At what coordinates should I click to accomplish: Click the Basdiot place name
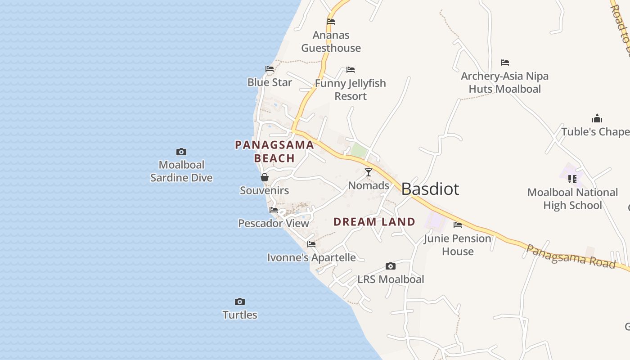pyautogui.click(x=430, y=189)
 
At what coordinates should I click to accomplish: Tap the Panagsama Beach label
pyautogui.click(x=274, y=151)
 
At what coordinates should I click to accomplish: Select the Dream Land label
pyautogui.click(x=374, y=221)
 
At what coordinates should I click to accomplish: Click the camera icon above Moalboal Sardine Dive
pyautogui.click(x=181, y=152)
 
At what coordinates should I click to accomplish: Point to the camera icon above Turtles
pyautogui.click(x=240, y=301)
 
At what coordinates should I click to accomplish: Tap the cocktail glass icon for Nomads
pyautogui.click(x=369, y=172)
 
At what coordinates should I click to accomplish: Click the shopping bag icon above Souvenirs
pyautogui.click(x=265, y=178)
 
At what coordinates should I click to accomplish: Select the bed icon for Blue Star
pyautogui.click(x=270, y=69)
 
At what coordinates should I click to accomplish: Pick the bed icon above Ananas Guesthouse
pyautogui.click(x=331, y=21)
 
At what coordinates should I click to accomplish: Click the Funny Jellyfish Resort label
pyautogui.click(x=351, y=90)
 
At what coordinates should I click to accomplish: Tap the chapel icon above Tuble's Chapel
pyautogui.click(x=597, y=118)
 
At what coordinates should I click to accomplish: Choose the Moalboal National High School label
pyautogui.click(x=572, y=199)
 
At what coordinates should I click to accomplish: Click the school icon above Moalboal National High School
pyautogui.click(x=572, y=179)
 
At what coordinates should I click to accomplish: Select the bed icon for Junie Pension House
pyautogui.click(x=458, y=225)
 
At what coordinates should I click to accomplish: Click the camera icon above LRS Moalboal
pyautogui.click(x=391, y=266)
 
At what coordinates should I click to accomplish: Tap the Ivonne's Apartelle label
pyautogui.click(x=311, y=258)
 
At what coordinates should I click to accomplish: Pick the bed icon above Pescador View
pyautogui.click(x=274, y=210)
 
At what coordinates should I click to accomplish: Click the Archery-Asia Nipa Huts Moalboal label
pyautogui.click(x=505, y=82)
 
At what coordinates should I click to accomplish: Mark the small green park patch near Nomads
pyautogui.click(x=359, y=150)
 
